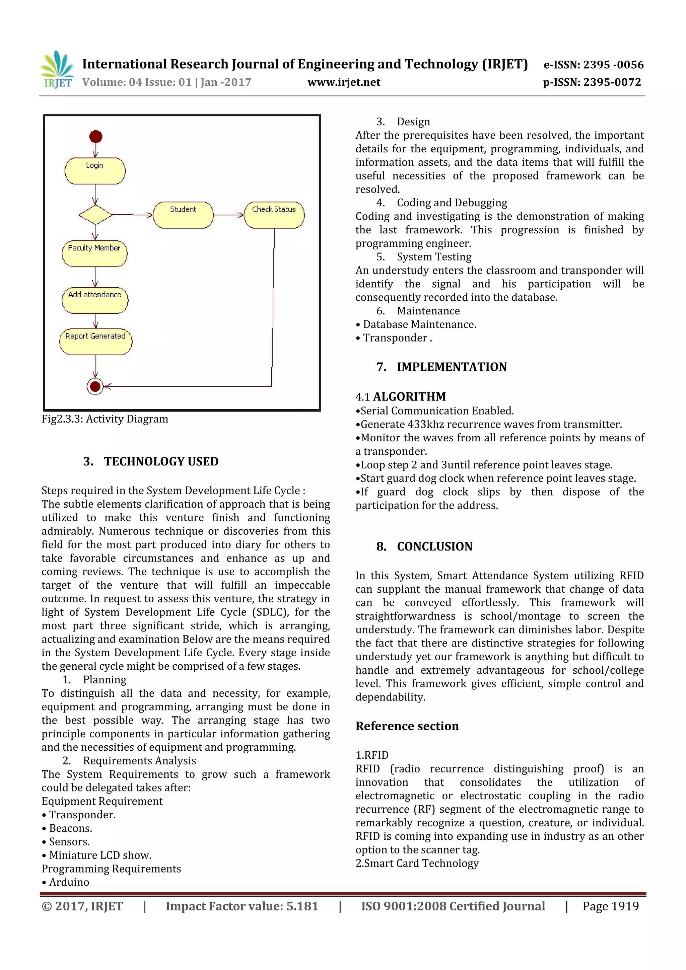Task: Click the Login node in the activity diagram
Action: click(95, 171)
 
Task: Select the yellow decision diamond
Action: click(95, 215)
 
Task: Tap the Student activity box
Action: click(183, 215)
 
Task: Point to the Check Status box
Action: click(274, 215)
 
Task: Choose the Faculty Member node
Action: click(95, 253)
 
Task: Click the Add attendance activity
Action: click(95, 300)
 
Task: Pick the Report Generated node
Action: click(95, 342)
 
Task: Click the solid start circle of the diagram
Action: click(96, 137)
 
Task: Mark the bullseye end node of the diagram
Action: click(95, 386)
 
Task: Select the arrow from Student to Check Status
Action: click(229, 215)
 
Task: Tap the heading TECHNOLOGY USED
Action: click(161, 461)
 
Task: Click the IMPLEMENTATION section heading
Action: click(452, 367)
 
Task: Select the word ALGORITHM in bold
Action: click(409, 397)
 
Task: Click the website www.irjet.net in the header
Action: click(344, 82)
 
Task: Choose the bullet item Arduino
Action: click(69, 882)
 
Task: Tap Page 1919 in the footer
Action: click(610, 906)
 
